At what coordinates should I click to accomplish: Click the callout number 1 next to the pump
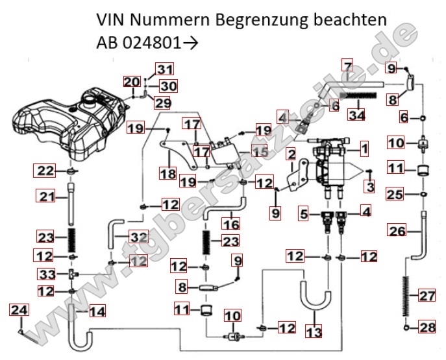point(364,149)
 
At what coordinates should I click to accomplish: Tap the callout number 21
point(44,196)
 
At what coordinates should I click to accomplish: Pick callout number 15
point(260,152)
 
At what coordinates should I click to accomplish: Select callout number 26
point(397,229)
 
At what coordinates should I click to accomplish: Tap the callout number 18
point(168,174)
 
